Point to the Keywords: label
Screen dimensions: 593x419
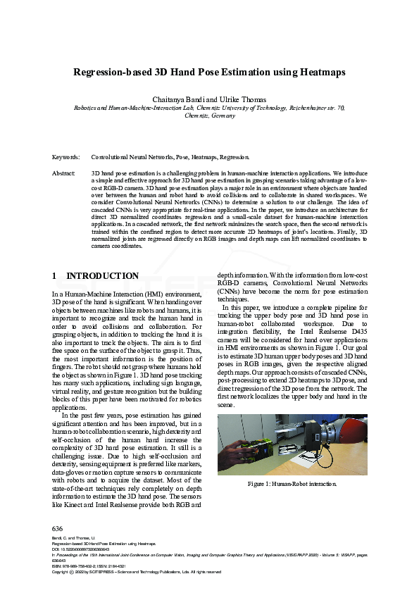(x=66, y=158)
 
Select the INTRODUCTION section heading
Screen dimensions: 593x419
(x=102, y=276)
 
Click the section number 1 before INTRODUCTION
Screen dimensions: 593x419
(x=55, y=276)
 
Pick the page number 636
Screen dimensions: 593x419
(x=58, y=528)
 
